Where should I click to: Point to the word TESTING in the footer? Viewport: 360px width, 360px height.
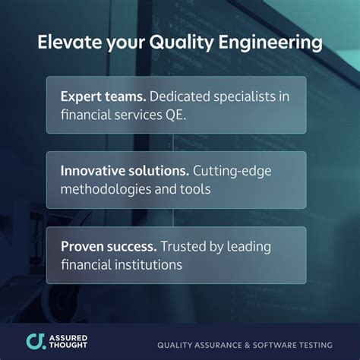point(320,342)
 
